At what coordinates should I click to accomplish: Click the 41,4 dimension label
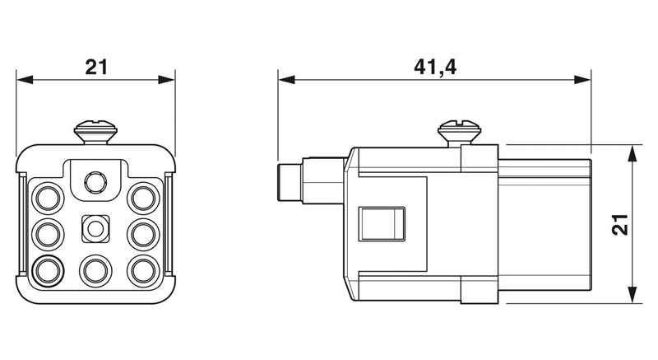click(435, 68)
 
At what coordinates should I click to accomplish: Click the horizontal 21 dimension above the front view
click(96, 68)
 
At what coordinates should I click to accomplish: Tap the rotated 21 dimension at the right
click(620, 224)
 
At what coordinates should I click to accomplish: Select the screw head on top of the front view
click(95, 132)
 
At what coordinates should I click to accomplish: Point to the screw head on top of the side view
click(460, 131)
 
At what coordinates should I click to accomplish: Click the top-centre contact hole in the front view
click(95, 183)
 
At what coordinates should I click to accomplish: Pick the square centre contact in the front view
click(95, 229)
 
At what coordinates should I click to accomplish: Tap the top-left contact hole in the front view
click(49, 199)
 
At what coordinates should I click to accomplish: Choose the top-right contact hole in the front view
click(143, 199)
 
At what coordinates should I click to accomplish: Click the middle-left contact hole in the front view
click(49, 235)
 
